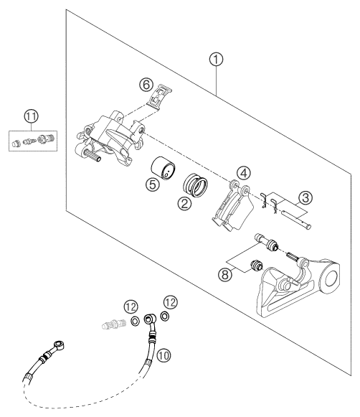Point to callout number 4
(245, 173)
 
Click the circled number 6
(146, 83)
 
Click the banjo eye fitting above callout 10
(150, 318)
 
